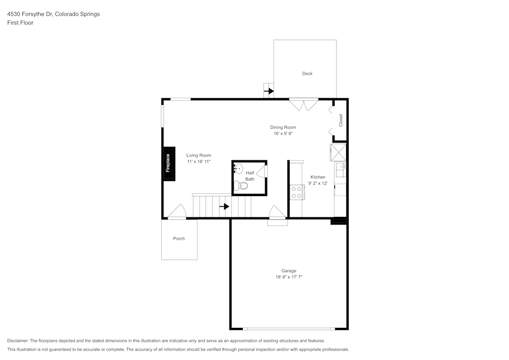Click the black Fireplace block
pyautogui.click(x=167, y=163)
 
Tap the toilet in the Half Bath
pyautogui.click(x=241, y=186)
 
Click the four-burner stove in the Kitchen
pyautogui.click(x=296, y=192)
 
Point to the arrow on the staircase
pyautogui.click(x=224, y=206)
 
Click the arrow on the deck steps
pyautogui.click(x=269, y=91)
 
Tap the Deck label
pyautogui.click(x=307, y=74)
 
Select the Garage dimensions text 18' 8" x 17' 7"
pyautogui.click(x=289, y=277)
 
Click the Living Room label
pyautogui.click(x=199, y=155)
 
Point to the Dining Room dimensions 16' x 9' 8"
pyautogui.click(x=282, y=133)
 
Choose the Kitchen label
pyautogui.click(x=318, y=177)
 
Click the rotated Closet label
pyautogui.click(x=341, y=120)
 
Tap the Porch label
pyautogui.click(x=179, y=238)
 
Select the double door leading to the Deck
pyautogui.click(x=303, y=104)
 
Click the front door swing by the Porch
pyautogui.click(x=177, y=212)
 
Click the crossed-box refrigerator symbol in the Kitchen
pyautogui.click(x=338, y=152)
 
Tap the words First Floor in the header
pyautogui.click(x=20, y=23)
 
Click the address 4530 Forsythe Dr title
pyautogui.click(x=53, y=14)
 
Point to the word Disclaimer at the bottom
pyautogui.click(x=18, y=341)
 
